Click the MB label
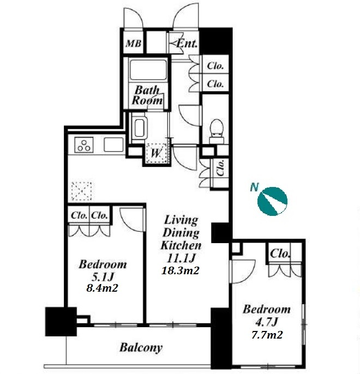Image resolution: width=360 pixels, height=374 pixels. [133, 44]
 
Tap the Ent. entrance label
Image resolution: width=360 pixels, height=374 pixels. [187, 44]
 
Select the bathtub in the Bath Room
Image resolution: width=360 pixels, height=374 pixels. [148, 70]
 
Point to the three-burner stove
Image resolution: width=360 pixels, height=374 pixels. [84, 145]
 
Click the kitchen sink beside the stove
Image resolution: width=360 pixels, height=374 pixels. [114, 145]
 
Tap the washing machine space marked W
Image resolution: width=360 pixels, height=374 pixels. [156, 153]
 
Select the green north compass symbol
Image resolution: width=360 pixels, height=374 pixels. [272, 201]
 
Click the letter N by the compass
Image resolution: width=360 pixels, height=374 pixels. [254, 187]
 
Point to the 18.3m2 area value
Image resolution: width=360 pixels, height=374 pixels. [180, 270]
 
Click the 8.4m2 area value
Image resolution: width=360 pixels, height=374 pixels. [102, 288]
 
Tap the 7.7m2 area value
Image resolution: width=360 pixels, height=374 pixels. [267, 335]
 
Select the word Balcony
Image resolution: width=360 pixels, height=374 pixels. [141, 347]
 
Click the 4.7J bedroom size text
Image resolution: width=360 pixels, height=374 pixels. [267, 323]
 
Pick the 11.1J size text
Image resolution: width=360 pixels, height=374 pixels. [181, 258]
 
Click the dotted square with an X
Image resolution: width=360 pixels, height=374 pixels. [82, 191]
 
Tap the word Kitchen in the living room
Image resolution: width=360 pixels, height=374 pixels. [181, 245]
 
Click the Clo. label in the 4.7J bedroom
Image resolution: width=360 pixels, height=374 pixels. [280, 254]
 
